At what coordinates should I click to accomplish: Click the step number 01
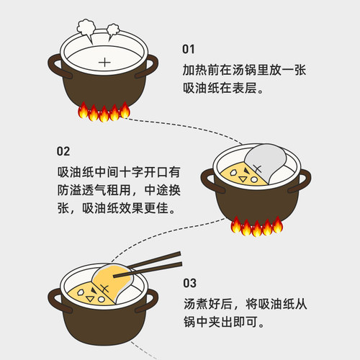[189, 50]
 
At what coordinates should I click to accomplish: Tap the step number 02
[63, 151]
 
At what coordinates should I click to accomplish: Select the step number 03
[189, 283]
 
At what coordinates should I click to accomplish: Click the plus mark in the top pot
[105, 62]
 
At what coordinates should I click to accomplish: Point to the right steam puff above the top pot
[114, 30]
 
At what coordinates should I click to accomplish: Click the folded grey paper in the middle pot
[266, 162]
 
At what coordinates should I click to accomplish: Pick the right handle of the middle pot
[305, 180]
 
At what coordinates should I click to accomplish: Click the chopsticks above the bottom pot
[155, 262]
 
